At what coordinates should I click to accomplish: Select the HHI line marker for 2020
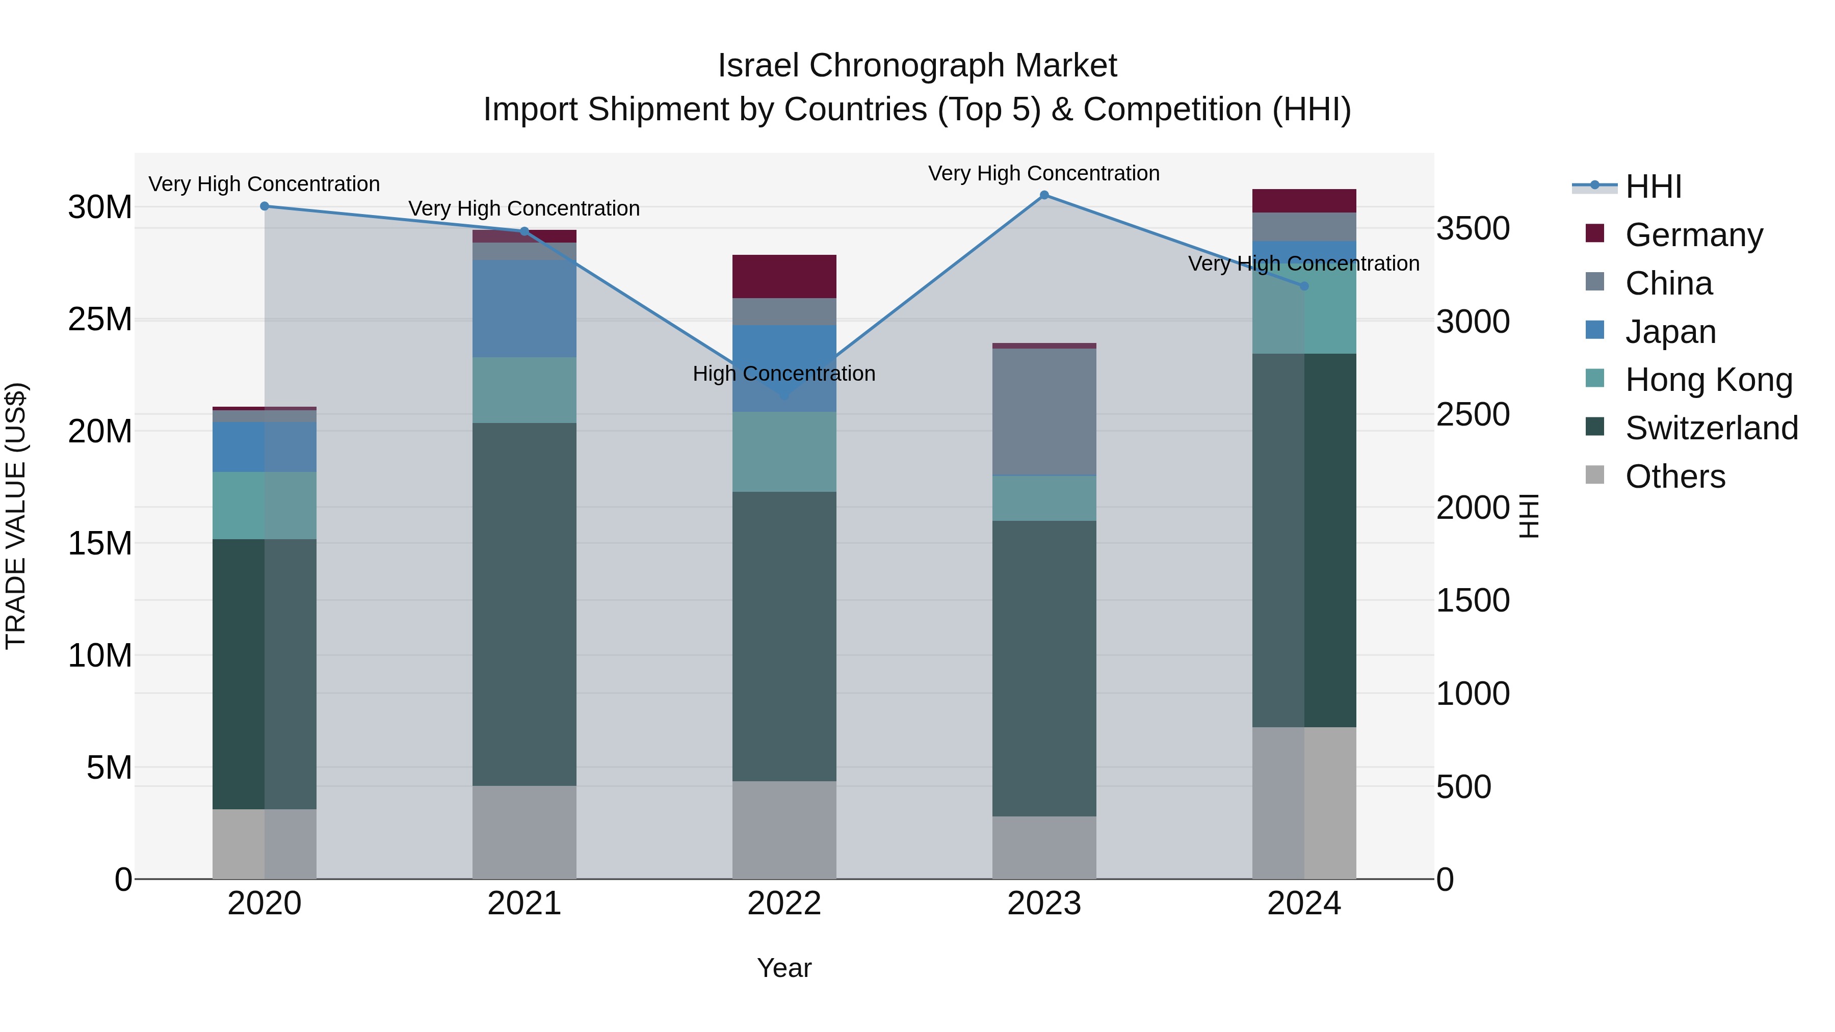click(x=264, y=206)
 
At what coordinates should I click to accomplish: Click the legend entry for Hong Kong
click(x=1708, y=380)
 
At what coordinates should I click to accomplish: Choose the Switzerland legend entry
click(x=1711, y=428)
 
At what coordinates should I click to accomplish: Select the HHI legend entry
click(x=1653, y=187)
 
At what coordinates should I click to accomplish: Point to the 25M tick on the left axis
click(x=100, y=319)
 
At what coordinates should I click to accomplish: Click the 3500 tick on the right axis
click(x=1472, y=229)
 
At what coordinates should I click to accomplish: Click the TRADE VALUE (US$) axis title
click(x=16, y=516)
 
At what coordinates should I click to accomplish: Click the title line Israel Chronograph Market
click(x=917, y=66)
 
